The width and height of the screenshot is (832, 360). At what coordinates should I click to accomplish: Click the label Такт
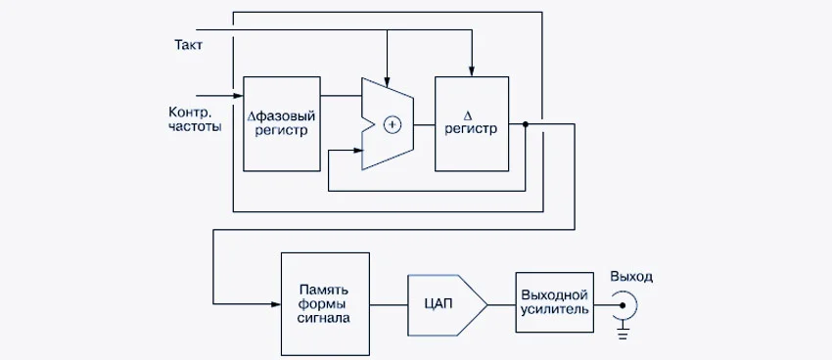pos(188,45)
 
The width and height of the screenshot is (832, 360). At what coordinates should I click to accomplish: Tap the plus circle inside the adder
pos(393,124)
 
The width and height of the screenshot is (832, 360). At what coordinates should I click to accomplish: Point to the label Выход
pos(631,277)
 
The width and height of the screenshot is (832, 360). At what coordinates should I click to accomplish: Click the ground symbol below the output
pos(623,336)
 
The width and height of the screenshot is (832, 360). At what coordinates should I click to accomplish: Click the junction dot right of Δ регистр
pos(526,124)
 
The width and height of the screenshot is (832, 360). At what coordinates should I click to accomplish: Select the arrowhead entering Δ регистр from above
pos(472,70)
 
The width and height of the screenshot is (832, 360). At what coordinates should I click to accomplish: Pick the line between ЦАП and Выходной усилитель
pos(500,304)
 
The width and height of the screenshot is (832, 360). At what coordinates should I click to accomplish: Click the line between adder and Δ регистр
pos(424,124)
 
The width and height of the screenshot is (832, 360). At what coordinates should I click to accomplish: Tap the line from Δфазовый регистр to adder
pos(342,95)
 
